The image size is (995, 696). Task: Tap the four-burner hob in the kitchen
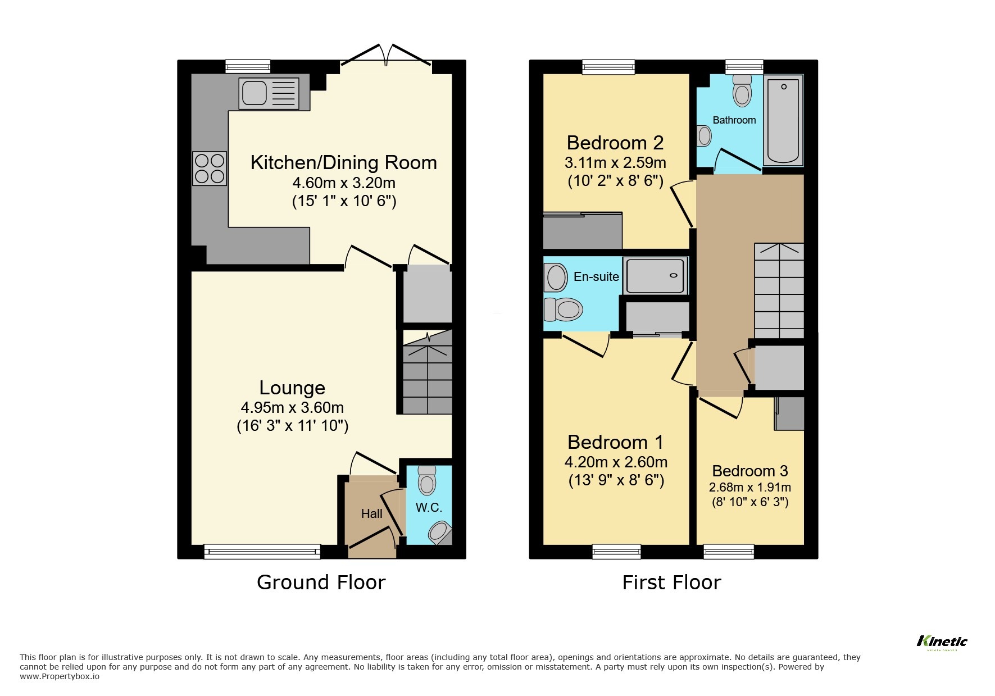pyautogui.click(x=210, y=169)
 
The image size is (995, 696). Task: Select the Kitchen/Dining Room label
pyautogui.click(x=343, y=162)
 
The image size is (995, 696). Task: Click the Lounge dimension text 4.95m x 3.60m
pyautogui.click(x=292, y=407)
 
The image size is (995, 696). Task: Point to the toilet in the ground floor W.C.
pyautogui.click(x=428, y=480)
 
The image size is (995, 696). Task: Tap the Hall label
pyautogui.click(x=371, y=513)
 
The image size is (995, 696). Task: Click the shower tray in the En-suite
pyautogui.click(x=656, y=276)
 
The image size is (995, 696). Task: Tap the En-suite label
pyautogui.click(x=596, y=276)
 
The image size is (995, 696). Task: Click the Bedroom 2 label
pyautogui.click(x=615, y=143)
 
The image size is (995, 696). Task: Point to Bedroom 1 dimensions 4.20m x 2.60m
pyautogui.click(x=616, y=462)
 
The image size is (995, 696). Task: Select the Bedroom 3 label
pyautogui.click(x=749, y=471)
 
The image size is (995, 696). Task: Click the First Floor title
pyautogui.click(x=671, y=583)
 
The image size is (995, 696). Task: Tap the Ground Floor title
pyautogui.click(x=321, y=583)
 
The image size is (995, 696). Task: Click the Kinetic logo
pyautogui.click(x=942, y=642)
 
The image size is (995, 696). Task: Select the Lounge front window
pyautogui.click(x=262, y=551)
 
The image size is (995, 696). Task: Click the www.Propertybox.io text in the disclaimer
pyautogui.click(x=60, y=676)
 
